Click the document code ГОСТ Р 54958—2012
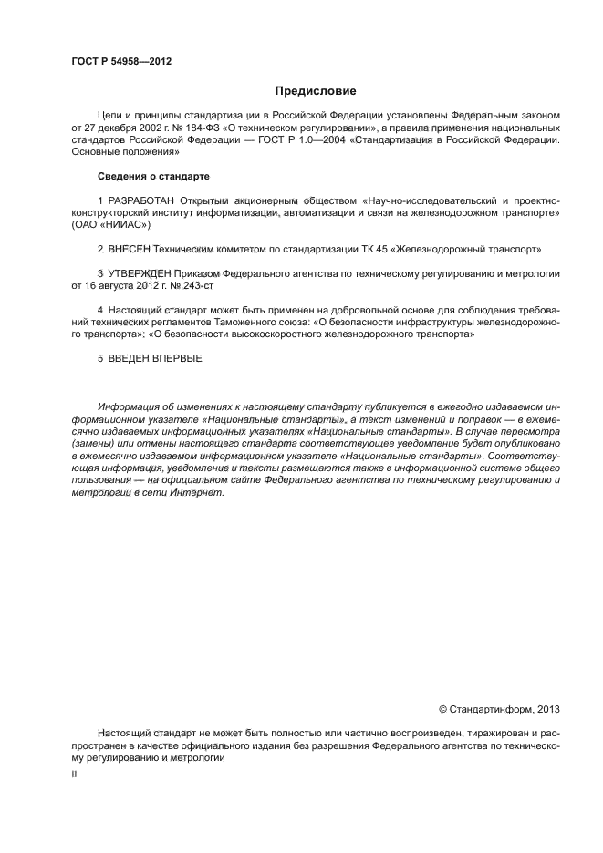120,62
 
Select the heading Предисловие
316,91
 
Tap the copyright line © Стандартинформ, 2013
499,708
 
